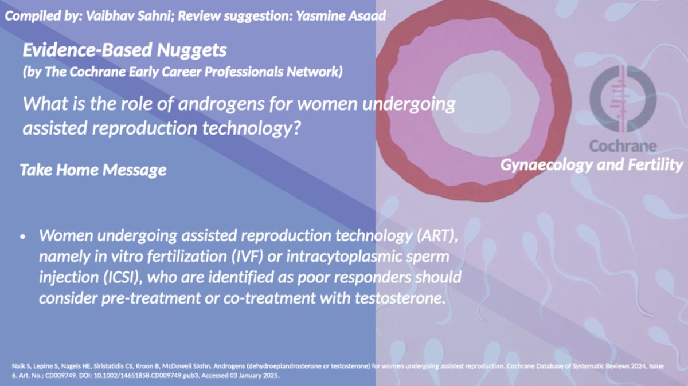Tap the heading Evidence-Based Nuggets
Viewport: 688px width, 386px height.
click(x=124, y=50)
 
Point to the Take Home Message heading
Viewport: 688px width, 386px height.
click(x=93, y=170)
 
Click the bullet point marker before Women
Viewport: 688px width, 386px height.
click(x=22, y=236)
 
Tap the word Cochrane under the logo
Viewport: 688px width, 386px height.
click(x=623, y=145)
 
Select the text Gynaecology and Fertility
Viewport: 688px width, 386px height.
click(x=592, y=165)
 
